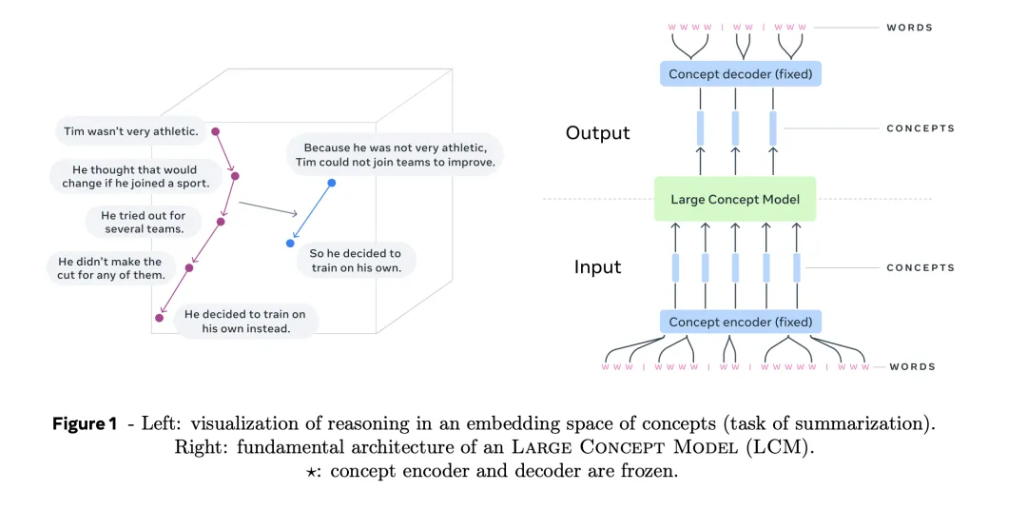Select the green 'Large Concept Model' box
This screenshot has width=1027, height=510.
click(735, 199)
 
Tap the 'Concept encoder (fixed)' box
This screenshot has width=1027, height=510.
click(740, 322)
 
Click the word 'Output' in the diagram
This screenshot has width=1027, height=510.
click(598, 132)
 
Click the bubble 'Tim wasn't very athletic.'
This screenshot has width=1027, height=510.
click(130, 131)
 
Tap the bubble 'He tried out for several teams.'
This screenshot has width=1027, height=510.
click(144, 222)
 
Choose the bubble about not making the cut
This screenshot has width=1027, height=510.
click(110, 268)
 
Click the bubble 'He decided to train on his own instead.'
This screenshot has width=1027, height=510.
click(245, 321)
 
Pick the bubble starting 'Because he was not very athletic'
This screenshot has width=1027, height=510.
click(395, 154)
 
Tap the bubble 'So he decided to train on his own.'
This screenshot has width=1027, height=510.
click(356, 260)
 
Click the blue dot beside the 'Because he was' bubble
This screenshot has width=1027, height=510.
click(331, 183)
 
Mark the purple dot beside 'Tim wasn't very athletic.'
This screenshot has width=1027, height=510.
click(215, 131)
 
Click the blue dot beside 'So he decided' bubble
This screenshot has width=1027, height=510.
click(290, 244)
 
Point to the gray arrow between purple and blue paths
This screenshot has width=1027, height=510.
click(268, 208)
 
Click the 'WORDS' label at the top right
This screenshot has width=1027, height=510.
click(910, 28)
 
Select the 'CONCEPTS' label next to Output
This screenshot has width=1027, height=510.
click(920, 128)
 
